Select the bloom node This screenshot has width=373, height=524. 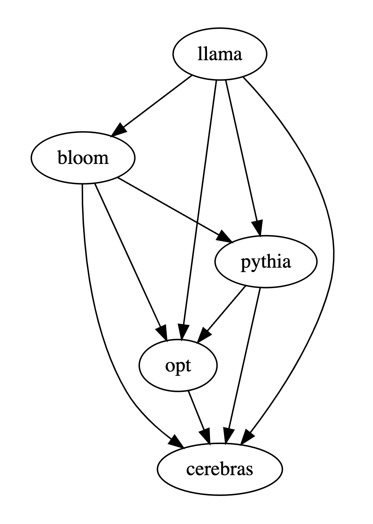click(x=83, y=158)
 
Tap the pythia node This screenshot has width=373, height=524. click(x=266, y=262)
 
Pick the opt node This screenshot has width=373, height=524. click(x=178, y=366)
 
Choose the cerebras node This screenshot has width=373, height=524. click(x=219, y=469)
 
